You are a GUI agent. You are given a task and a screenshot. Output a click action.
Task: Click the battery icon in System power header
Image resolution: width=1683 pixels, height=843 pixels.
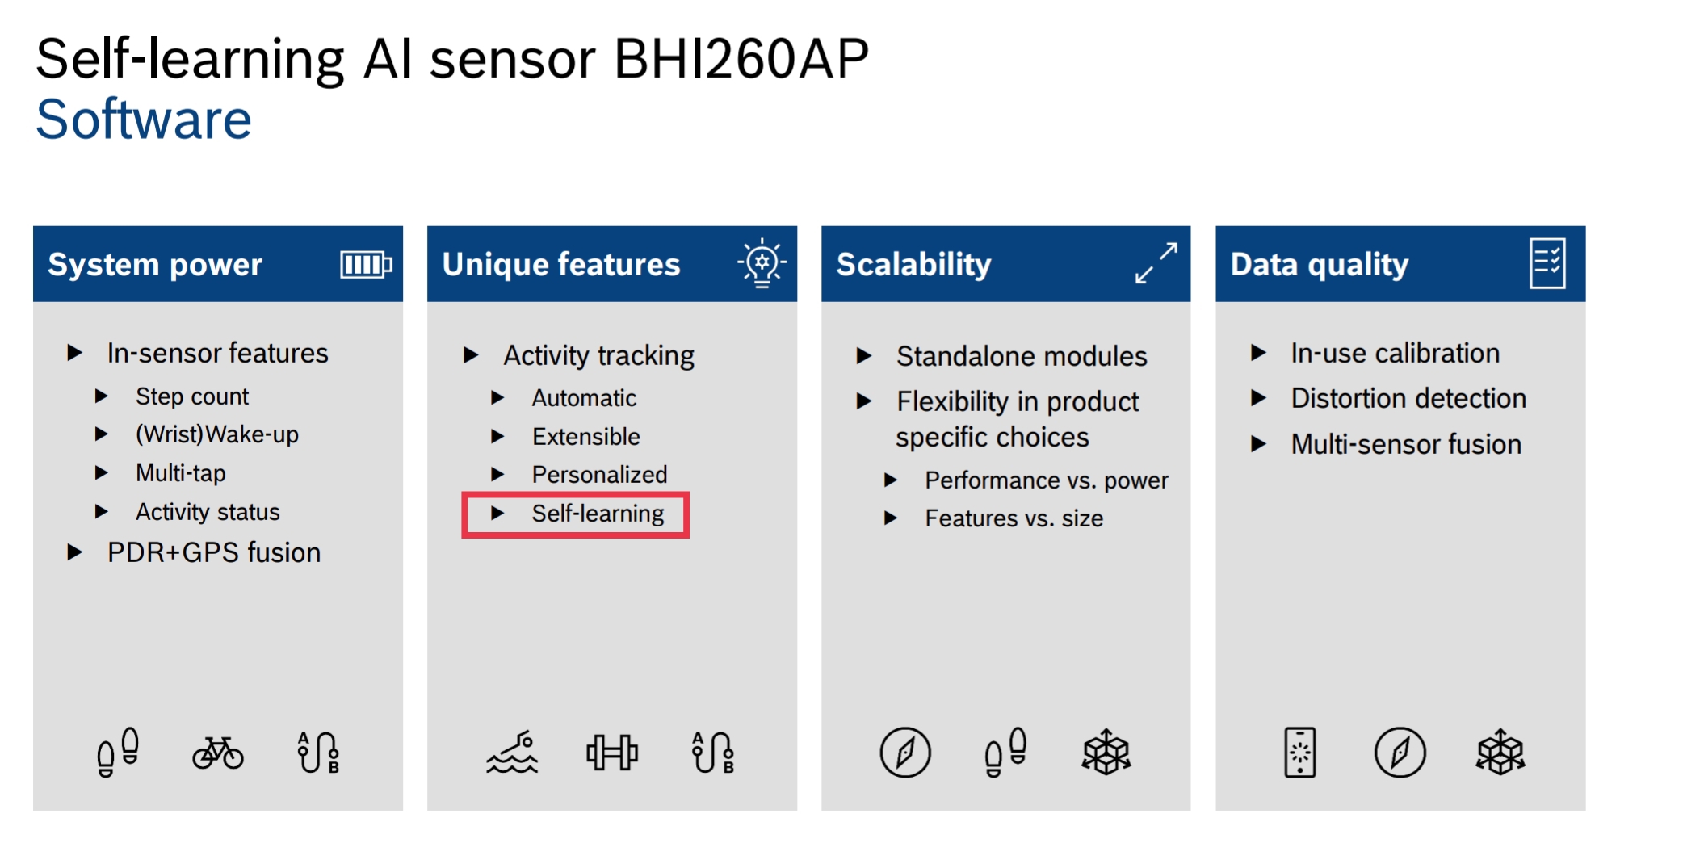(x=366, y=264)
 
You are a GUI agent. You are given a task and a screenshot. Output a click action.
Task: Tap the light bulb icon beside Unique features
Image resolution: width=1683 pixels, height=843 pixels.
(x=762, y=262)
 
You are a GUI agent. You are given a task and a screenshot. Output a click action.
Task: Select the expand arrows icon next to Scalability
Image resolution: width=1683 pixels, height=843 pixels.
(x=1156, y=263)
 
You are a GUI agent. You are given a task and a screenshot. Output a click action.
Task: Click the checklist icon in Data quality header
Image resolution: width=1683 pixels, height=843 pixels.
(x=1547, y=263)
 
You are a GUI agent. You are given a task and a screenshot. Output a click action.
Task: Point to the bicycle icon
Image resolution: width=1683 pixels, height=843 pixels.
(x=218, y=753)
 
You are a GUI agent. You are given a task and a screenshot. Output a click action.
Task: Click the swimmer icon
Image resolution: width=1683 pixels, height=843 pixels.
(x=512, y=753)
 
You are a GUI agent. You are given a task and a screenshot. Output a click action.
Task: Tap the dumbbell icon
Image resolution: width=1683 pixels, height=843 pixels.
(x=612, y=753)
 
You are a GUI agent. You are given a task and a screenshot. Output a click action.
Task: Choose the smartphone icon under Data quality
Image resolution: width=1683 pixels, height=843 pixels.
(x=1300, y=753)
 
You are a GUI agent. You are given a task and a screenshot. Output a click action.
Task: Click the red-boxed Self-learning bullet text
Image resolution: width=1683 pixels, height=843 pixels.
(x=598, y=514)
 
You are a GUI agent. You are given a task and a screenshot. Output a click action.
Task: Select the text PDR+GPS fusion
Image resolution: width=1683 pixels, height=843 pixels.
(x=214, y=552)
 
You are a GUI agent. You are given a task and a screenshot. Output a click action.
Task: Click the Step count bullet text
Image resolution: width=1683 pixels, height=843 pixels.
(x=192, y=396)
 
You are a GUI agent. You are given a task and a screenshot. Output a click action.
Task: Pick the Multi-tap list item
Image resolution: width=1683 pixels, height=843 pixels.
(x=181, y=472)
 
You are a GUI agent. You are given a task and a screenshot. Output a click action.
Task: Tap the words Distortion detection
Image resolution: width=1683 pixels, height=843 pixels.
(x=1408, y=398)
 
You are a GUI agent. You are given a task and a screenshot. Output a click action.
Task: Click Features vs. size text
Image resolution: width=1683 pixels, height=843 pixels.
(x=1014, y=518)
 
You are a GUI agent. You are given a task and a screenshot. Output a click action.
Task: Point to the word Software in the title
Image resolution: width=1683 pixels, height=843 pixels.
(x=144, y=120)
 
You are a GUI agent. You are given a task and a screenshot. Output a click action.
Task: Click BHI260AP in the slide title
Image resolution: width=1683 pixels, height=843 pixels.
(x=741, y=59)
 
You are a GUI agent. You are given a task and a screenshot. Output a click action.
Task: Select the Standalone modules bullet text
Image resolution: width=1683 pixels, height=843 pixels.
(x=1022, y=356)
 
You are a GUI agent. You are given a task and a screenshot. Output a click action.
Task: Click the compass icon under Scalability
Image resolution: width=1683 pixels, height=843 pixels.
(x=905, y=753)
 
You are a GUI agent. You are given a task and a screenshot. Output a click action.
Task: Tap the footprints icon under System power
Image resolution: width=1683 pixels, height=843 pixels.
(x=118, y=753)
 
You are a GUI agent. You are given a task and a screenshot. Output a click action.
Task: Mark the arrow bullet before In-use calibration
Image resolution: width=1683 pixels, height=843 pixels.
(x=1258, y=352)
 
